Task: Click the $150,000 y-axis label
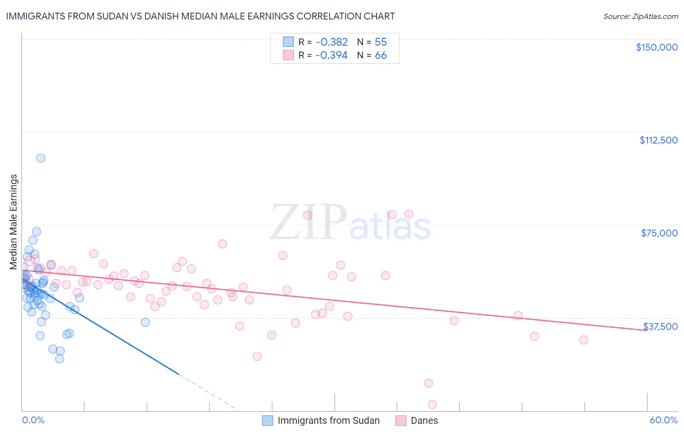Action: [x=656, y=47]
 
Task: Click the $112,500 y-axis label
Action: [x=658, y=140]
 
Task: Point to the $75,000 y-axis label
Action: [x=659, y=233]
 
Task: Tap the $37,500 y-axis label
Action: [x=660, y=326]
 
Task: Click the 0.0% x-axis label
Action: [x=33, y=420]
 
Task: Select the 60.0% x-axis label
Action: [x=663, y=420]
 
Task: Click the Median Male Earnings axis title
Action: [x=14, y=222]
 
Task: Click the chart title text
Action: [x=200, y=16]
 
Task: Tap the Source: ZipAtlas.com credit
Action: [x=640, y=17]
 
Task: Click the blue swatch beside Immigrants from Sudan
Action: [x=268, y=421]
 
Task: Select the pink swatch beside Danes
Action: [x=401, y=421]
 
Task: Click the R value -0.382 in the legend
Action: [x=331, y=42]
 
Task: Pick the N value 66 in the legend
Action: [x=380, y=55]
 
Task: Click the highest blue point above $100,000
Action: [x=41, y=158]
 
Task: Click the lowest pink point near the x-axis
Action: [x=432, y=404]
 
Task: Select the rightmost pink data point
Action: [x=584, y=340]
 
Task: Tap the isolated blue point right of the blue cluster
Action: [x=145, y=322]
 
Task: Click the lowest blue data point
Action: [x=59, y=359]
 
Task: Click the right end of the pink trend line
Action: [x=647, y=330]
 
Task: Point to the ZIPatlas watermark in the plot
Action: [x=350, y=223]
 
